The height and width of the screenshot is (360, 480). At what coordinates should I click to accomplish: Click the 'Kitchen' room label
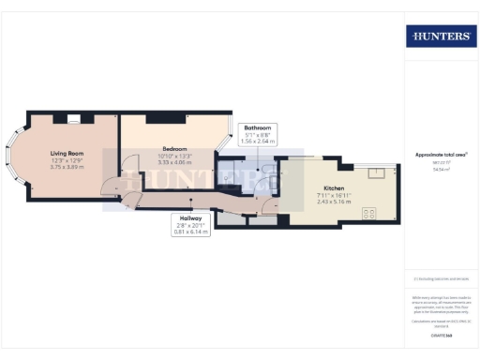click(334, 187)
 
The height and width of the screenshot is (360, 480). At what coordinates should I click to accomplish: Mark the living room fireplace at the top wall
click(72, 118)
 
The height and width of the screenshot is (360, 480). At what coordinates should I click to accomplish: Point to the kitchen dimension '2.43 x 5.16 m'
click(334, 202)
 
